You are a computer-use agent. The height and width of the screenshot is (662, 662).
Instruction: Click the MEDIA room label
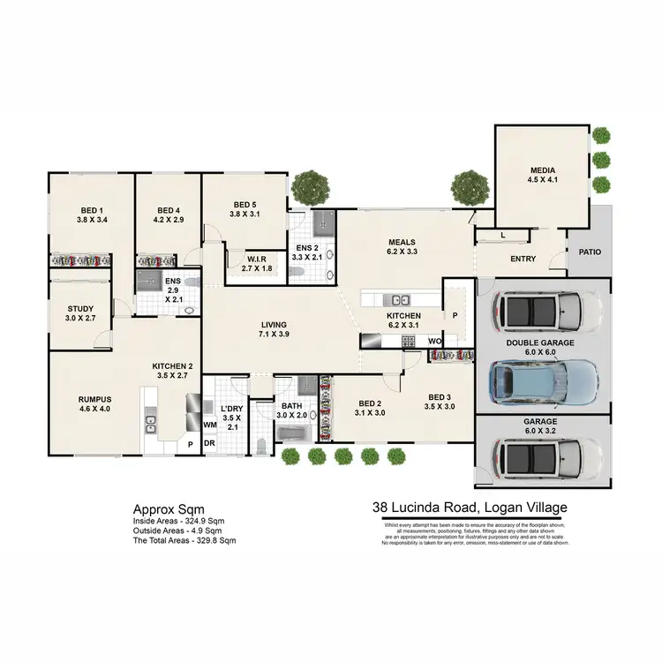click(x=542, y=169)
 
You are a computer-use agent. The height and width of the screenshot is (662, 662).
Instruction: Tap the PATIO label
click(x=590, y=252)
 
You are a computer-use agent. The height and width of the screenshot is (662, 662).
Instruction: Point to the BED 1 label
click(x=92, y=211)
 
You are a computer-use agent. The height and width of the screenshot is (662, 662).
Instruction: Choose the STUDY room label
click(x=80, y=309)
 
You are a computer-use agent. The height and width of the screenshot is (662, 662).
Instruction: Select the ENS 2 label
click(x=307, y=248)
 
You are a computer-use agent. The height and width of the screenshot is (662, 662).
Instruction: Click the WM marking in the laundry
click(x=210, y=425)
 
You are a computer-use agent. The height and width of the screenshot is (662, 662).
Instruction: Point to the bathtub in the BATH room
click(x=291, y=433)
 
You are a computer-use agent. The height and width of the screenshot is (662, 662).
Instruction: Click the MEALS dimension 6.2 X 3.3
click(x=402, y=252)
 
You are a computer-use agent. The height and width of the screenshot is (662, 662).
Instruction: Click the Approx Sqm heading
click(x=169, y=509)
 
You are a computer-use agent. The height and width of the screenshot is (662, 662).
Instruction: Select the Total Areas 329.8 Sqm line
click(x=184, y=539)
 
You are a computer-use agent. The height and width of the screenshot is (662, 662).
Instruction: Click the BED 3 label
click(x=439, y=397)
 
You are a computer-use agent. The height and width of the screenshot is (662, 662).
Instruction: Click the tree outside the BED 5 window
click(x=310, y=185)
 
